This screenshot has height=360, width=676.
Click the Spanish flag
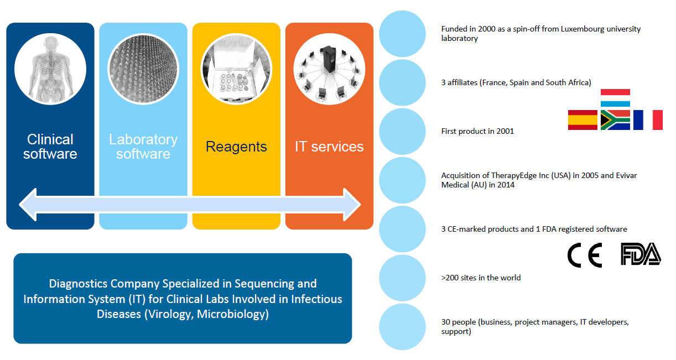coord(583,120)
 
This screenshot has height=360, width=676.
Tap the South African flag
coord(615,120)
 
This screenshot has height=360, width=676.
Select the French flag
coord(648,120)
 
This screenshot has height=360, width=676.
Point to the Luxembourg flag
coord(615,98)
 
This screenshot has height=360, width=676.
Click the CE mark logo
coord(585,255)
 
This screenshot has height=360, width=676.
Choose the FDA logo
coord(641,254)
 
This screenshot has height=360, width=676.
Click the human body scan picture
coord(50,69)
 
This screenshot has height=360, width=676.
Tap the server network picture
coord(329,69)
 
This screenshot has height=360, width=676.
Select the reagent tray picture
coord(236,69)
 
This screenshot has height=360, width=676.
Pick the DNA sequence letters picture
coord(143,69)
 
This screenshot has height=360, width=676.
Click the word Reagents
coord(236,147)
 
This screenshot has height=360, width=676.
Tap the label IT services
coord(329,147)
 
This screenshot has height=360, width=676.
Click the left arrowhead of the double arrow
coord(28,205)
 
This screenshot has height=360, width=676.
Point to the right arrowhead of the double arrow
coord(352,205)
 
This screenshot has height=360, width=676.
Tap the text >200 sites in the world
coord(481,278)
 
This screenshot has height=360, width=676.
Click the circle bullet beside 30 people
coord(402,327)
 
